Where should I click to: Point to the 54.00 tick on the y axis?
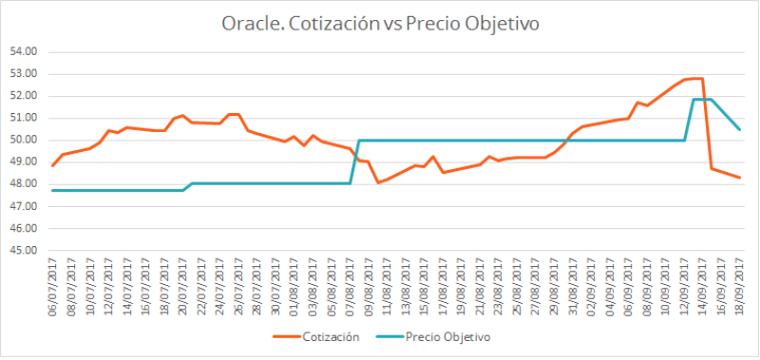click(24, 51)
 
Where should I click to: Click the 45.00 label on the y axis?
click(24, 251)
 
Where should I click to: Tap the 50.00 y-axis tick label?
click(24, 140)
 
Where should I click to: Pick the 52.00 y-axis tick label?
click(24, 96)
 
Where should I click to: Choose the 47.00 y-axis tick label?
click(24, 206)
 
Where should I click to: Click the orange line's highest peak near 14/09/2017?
click(696, 78)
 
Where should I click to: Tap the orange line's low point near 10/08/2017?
click(378, 181)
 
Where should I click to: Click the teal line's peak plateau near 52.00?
click(703, 100)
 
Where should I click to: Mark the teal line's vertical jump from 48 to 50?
click(355, 161)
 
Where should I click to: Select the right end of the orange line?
click(740, 178)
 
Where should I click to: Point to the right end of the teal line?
click(740, 129)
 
